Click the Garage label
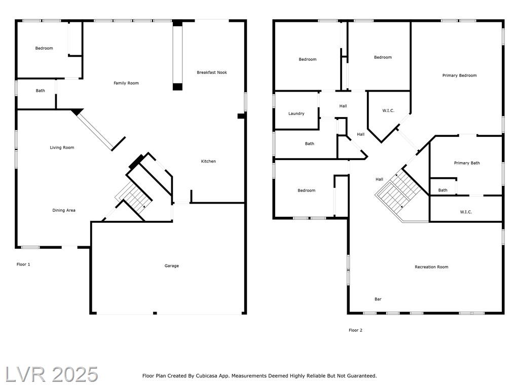171,265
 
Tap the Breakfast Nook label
212,72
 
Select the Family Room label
126,83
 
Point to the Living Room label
62,147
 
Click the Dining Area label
63,210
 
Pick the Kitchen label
208,162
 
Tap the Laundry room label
296,113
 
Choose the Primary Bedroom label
459,75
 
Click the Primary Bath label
467,163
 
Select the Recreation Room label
431,267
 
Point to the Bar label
378,299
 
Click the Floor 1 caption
23,264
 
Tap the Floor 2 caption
355,330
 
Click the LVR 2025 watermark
52,375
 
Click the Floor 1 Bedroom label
44,48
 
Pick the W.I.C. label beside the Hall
388,110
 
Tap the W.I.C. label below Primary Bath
466,212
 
